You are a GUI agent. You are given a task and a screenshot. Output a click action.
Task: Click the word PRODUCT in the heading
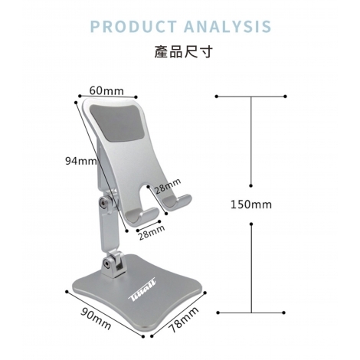pos(133,26)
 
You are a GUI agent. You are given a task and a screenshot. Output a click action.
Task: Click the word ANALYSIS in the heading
pos(227,26)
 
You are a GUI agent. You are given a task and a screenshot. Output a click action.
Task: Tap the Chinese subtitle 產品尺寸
pos(183,51)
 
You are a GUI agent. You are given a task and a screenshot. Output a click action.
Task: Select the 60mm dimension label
pos(106,90)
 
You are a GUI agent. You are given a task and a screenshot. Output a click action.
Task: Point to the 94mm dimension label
pos(81,161)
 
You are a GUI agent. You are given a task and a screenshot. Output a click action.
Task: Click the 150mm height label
pos(251,205)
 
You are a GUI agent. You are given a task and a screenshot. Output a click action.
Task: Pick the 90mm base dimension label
pos(96,319)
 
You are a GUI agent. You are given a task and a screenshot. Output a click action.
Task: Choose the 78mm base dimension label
pos(184,319)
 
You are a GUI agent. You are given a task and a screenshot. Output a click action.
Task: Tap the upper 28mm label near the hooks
pos(168,185)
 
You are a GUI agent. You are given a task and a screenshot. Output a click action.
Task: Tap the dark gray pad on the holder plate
pos(118,123)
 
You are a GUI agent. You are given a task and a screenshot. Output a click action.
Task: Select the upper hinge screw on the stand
pos(103,204)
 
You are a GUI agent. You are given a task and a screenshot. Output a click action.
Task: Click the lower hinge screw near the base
pos(107,263)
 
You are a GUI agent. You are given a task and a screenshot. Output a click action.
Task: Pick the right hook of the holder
pos(177,201)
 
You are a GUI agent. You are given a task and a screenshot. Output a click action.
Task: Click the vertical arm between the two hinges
pos(109,231)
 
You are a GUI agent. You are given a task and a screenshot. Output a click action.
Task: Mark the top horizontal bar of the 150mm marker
pos(250,97)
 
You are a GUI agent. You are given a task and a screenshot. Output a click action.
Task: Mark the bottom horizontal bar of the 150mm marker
pos(250,313)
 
